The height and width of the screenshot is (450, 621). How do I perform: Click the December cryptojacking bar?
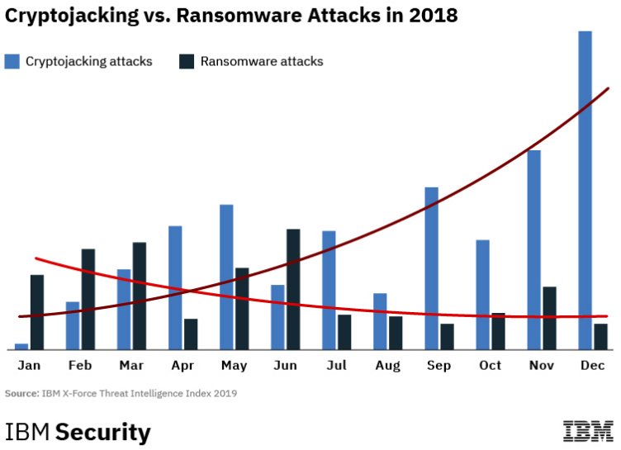585,190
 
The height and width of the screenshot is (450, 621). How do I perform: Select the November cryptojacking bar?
533,249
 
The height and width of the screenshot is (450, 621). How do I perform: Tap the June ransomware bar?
293,289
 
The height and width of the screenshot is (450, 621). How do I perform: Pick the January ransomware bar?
37,311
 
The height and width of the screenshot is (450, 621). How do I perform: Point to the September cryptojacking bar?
431,268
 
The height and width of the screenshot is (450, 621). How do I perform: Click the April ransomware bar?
191,334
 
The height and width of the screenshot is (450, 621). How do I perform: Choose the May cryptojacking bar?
226,277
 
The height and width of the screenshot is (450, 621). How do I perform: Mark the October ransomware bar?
498,330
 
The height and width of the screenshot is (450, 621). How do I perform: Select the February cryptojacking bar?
73,325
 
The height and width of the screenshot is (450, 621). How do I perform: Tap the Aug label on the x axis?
387,366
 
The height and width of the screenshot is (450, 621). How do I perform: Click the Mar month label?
131,366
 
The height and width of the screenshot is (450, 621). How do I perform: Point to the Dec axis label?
592,366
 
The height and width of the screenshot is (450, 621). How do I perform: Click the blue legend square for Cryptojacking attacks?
12,61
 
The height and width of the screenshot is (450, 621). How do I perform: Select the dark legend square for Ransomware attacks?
186,61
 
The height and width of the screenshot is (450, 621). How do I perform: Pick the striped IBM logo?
588,431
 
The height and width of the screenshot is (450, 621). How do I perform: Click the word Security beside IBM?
103,433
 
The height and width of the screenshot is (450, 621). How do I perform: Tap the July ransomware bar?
344,331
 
